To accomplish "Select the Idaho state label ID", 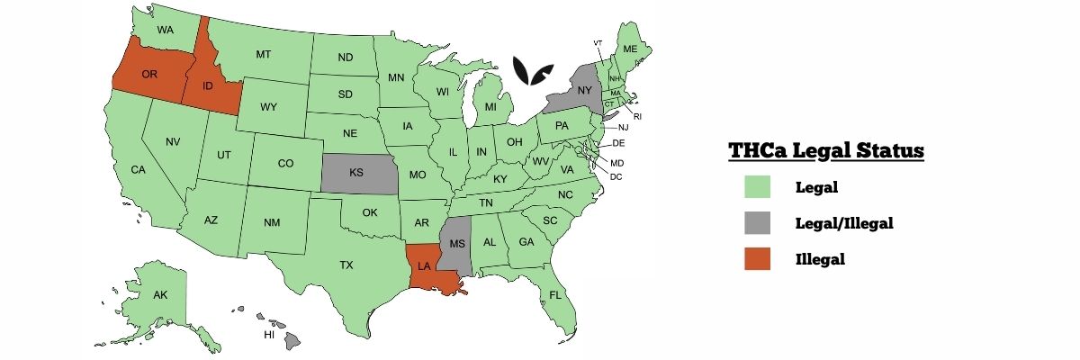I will pyautogui.click(x=207, y=86).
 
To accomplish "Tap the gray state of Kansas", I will pyautogui.click(x=356, y=172).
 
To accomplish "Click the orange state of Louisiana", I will pyautogui.click(x=425, y=266).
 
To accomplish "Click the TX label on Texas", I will pyautogui.click(x=346, y=265).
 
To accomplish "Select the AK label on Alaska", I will pyautogui.click(x=160, y=295).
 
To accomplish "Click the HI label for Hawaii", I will pyautogui.click(x=268, y=335).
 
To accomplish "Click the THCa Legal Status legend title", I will pyautogui.click(x=826, y=151).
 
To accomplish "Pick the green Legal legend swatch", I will pyautogui.click(x=757, y=188).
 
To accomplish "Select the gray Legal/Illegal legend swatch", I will pyautogui.click(x=757, y=223).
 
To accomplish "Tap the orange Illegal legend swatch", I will pyautogui.click(x=757, y=258).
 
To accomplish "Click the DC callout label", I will pyautogui.click(x=616, y=176).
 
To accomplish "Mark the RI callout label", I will pyautogui.click(x=637, y=116).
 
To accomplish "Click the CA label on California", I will pyautogui.click(x=138, y=169).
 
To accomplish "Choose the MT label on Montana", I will pyautogui.click(x=263, y=54).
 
